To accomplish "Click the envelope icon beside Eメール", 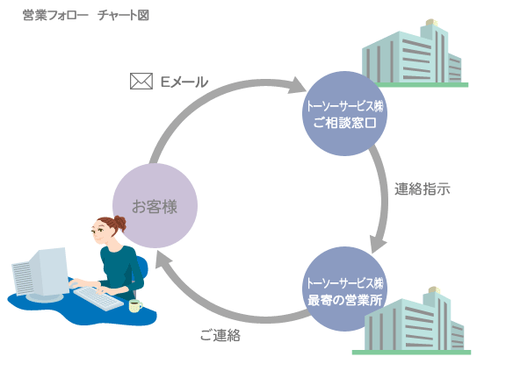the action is point(141,81).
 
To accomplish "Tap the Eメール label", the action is point(184,82).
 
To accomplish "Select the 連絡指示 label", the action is point(423,189).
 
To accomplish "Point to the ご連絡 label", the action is point(220,335).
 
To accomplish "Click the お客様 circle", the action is point(155,206).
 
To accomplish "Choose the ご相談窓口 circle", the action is point(345,114).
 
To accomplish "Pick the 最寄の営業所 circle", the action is point(345,289).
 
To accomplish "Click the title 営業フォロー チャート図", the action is point(86,15).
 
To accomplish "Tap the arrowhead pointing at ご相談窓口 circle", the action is point(297,86).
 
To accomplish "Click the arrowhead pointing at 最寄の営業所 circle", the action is point(378,245).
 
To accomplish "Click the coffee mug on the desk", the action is point(135,306).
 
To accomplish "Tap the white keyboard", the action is point(98,298).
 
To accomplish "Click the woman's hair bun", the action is point(119,223).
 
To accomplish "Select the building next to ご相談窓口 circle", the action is point(415,54).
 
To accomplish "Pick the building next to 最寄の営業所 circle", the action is point(413,321).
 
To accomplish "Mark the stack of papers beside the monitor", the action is point(22,278).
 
